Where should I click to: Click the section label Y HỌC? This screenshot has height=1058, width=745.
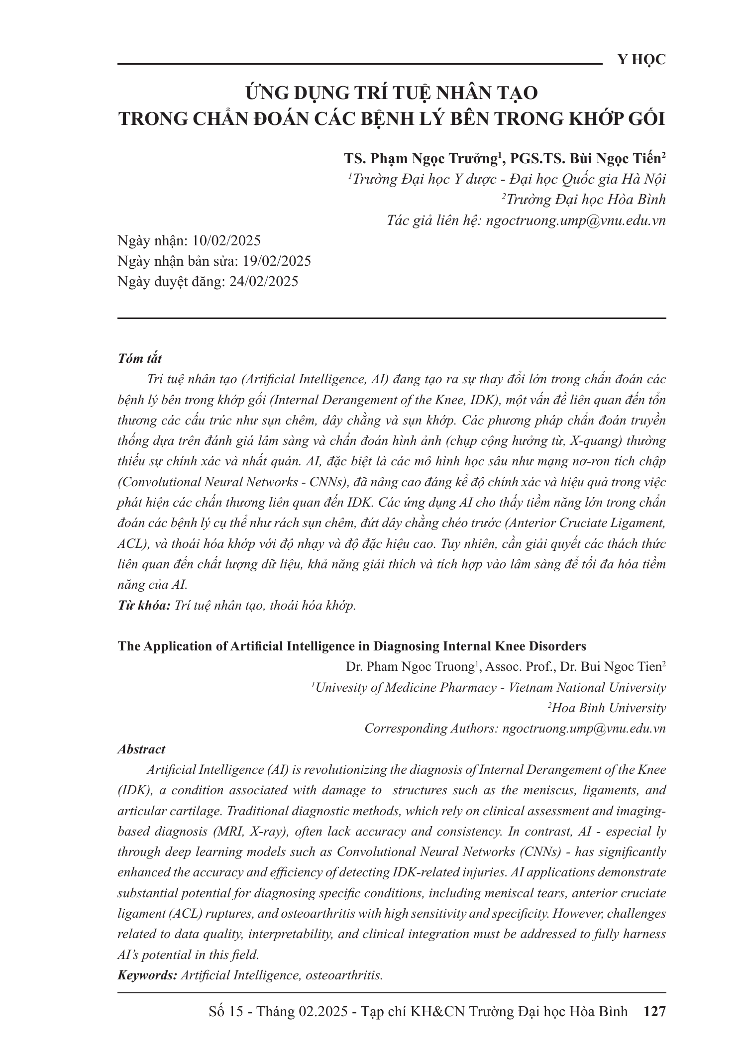tap(641, 60)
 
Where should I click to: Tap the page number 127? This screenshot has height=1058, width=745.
tap(654, 1012)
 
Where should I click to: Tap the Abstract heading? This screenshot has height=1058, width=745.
tap(141, 749)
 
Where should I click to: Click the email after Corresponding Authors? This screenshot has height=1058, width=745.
tap(584, 728)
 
